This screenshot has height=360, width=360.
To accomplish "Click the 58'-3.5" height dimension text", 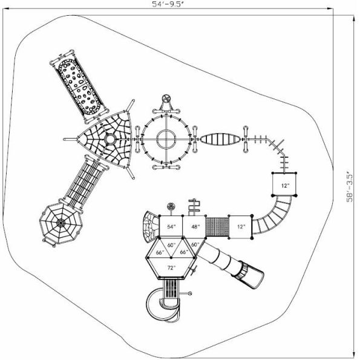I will point(349,188).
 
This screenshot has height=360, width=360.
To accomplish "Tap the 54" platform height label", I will point(172,226).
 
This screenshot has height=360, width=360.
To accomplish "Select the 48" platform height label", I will point(195,226).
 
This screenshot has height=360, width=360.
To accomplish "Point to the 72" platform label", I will point(172,267).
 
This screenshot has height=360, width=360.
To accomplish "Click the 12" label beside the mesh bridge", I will point(241,226).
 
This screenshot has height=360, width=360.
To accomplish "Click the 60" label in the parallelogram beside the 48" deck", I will point(195,244).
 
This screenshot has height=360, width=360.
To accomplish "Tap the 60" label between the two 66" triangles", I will point(172,244).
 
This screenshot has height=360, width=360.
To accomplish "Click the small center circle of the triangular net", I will point(110,139).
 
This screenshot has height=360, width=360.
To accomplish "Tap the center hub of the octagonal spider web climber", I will point(61,224).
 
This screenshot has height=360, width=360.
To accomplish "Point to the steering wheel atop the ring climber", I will point(166,99).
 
